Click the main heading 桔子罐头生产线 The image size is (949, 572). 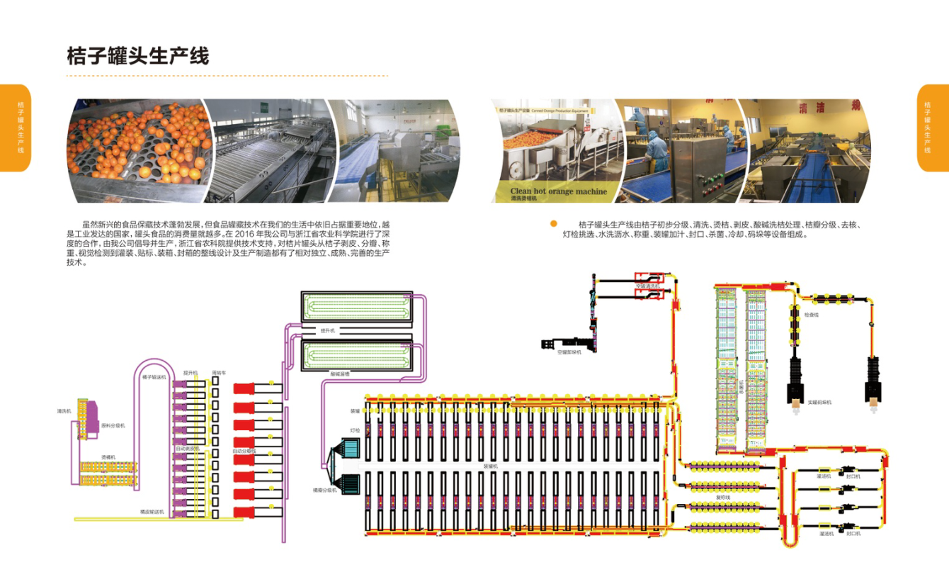tap(138, 55)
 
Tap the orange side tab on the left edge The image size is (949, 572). tap(16, 128)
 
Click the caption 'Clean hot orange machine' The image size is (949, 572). tap(559, 191)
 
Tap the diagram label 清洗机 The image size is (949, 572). tap(64, 410)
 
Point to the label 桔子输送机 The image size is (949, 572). tap(154, 378)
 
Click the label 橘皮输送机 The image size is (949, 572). tap(152, 511)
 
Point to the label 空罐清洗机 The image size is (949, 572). tap(647, 286)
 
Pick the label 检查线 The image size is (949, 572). tap(812, 314)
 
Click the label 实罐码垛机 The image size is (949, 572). tap(819, 402)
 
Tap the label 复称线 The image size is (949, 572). tap(722, 498)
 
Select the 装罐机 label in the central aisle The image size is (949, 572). tap(491, 466)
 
